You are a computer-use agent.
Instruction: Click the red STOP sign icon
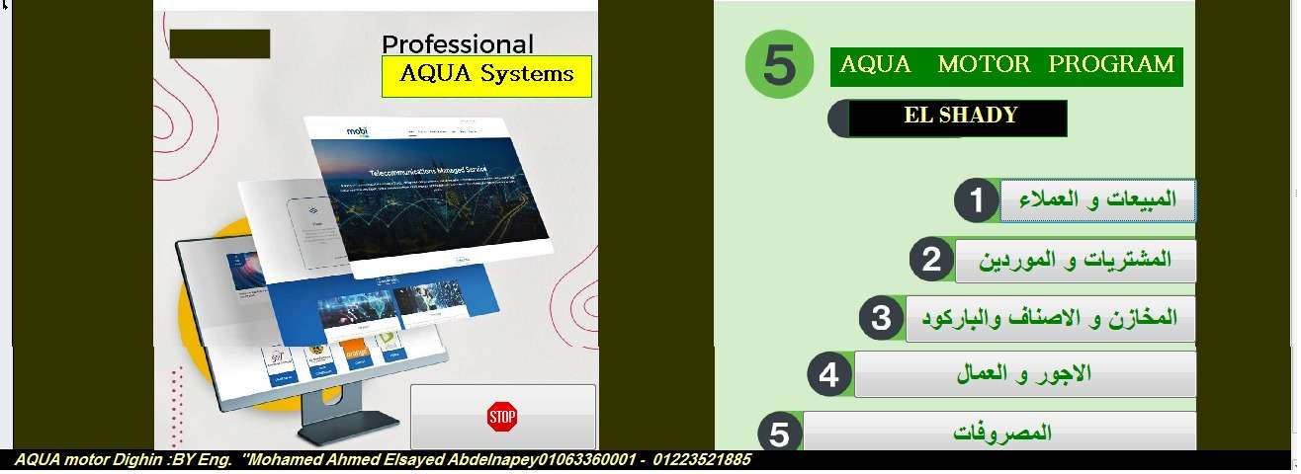(502, 417)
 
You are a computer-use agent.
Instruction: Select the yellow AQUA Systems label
(486, 75)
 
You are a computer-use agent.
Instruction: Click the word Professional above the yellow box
(457, 44)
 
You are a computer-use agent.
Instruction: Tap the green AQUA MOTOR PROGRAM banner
(1006, 65)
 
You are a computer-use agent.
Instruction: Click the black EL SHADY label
(960, 117)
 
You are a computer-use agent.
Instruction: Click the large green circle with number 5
(779, 65)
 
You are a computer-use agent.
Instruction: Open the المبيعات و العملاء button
(1097, 200)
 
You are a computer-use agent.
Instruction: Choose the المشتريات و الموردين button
(1076, 261)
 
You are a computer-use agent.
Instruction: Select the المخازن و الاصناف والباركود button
(1050, 318)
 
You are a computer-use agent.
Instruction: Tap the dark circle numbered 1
(977, 201)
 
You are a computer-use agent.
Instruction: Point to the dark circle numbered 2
(931, 260)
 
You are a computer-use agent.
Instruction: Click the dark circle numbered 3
(881, 318)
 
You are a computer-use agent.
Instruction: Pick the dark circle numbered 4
(829, 375)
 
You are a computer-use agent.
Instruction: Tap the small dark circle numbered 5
(779, 434)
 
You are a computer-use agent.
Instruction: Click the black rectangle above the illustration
(219, 43)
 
